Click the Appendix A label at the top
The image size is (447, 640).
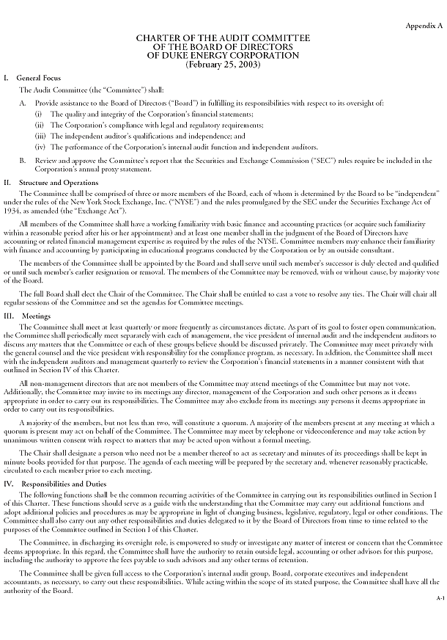424,26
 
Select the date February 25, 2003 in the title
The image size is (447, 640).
223,64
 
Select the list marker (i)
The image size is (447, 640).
39,115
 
